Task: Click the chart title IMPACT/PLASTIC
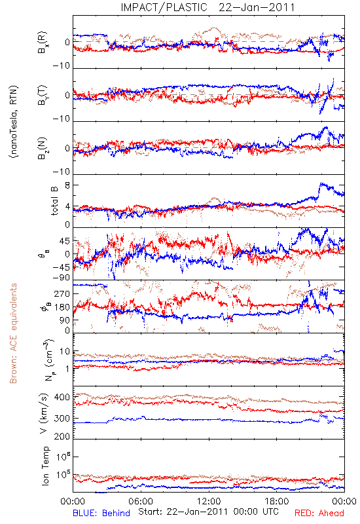click(164, 7)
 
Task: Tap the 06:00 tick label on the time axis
click(141, 501)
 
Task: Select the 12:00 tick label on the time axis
click(209, 501)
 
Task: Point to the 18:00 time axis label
click(277, 501)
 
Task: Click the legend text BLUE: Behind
click(101, 513)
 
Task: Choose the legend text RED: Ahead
click(319, 513)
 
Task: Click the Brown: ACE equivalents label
click(13, 333)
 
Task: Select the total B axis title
click(54, 200)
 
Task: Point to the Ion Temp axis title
click(45, 466)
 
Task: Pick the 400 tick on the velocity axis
click(62, 397)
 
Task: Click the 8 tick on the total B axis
click(67, 185)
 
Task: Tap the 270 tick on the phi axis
click(62, 293)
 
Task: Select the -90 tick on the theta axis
click(62, 278)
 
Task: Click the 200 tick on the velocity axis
click(62, 436)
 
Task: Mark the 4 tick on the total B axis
click(67, 206)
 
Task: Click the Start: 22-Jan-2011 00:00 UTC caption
click(208, 512)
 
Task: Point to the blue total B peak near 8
click(321, 183)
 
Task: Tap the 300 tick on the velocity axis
click(62, 418)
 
